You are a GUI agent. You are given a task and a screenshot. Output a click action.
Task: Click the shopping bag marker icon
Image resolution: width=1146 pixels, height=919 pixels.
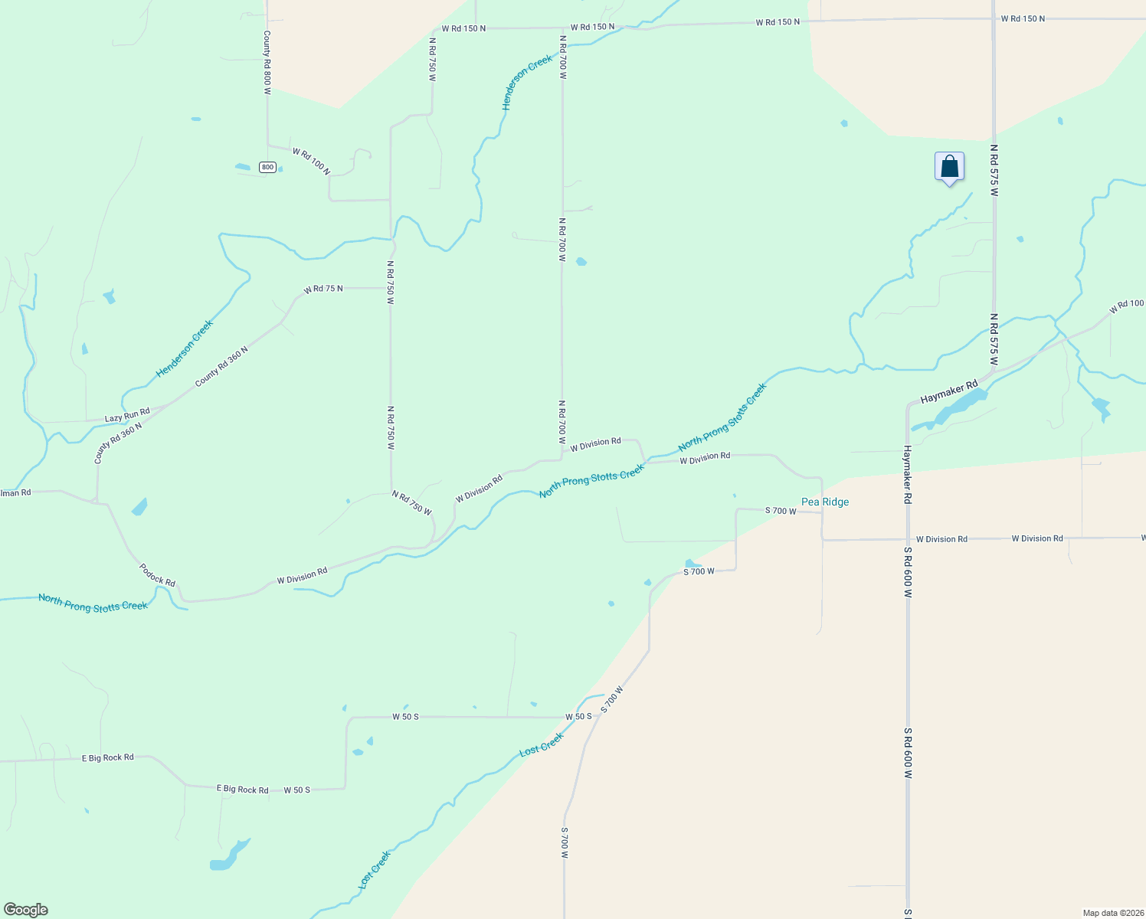coord(949,166)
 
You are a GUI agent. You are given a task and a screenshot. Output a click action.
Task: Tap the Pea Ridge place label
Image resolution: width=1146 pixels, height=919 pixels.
coord(825,502)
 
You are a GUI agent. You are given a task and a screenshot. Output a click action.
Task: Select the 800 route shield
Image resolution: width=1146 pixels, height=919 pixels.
coord(267,167)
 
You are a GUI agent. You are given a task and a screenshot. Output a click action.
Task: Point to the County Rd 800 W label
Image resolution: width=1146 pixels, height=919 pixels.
coord(267,63)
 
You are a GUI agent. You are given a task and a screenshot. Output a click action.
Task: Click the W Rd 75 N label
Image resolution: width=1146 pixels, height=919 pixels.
coord(323,289)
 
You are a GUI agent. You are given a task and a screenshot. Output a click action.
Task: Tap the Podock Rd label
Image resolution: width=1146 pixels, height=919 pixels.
coord(157,575)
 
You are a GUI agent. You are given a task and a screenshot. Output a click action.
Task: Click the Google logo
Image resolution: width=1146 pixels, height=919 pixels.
coord(26,910)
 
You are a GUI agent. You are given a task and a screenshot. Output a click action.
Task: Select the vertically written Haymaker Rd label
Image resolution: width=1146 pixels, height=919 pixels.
coord(907,474)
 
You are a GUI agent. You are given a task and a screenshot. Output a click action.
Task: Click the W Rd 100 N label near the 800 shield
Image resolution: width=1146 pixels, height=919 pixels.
coord(311,161)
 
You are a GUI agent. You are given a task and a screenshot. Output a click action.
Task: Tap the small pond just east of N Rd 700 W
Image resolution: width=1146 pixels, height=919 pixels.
coord(581,262)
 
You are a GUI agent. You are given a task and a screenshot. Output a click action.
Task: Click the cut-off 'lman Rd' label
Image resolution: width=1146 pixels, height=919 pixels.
coord(15,492)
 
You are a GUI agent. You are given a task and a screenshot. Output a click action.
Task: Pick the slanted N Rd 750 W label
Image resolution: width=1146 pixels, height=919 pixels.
coord(411,502)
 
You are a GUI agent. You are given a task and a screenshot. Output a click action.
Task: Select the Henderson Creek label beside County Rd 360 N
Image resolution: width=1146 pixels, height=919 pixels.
coord(185,349)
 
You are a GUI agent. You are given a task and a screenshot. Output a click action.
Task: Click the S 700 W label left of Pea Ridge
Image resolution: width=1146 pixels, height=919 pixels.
coord(781,511)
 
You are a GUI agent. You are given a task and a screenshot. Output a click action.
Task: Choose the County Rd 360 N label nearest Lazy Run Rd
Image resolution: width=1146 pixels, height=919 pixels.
coord(118,443)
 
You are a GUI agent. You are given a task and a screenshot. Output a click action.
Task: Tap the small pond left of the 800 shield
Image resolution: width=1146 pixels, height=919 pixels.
coord(242,166)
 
